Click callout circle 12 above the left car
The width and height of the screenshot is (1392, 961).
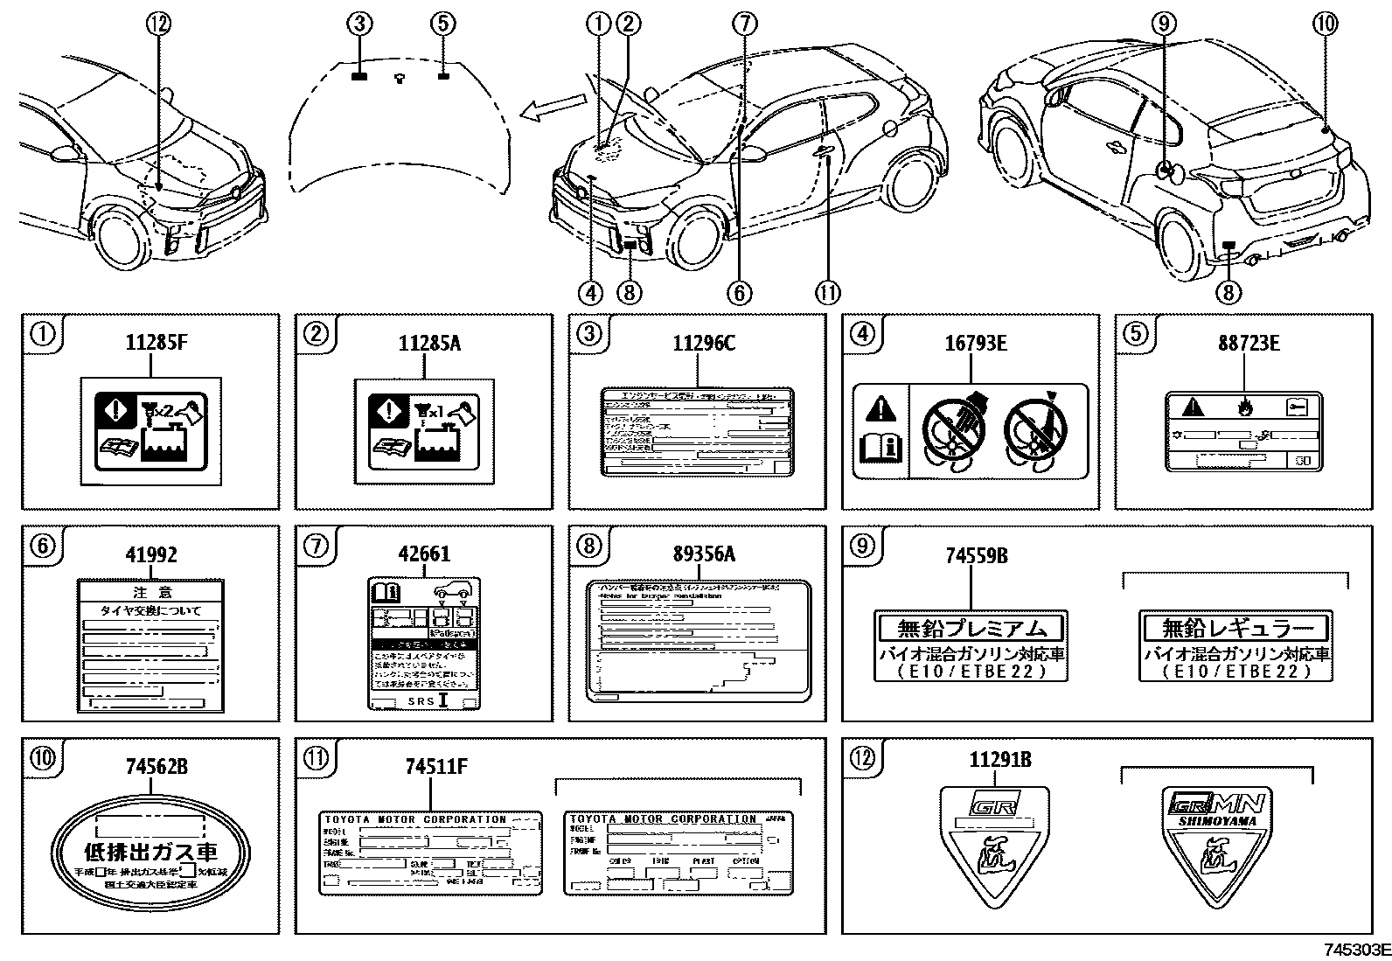[x=159, y=25]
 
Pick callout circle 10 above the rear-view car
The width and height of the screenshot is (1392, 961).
[x=1326, y=24]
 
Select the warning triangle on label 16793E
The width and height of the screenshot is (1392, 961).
[x=880, y=408]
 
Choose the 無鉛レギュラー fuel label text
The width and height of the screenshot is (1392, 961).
[x=1236, y=627]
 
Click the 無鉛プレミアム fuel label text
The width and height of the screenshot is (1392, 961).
[x=971, y=627]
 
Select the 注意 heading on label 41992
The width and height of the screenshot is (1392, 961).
[x=152, y=591]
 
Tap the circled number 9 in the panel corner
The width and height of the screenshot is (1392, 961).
[x=861, y=546]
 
